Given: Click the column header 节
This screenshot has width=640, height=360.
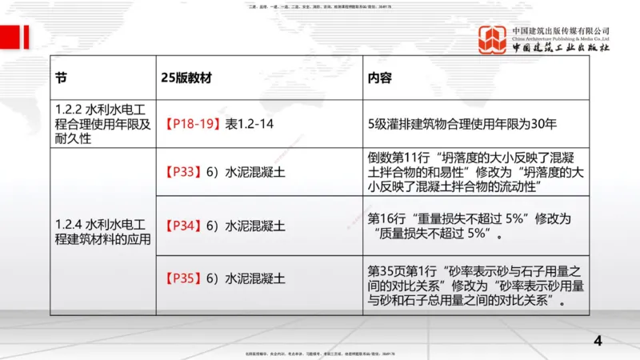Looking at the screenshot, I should pos(61,79).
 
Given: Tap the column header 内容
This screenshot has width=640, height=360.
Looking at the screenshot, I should pos(380,79).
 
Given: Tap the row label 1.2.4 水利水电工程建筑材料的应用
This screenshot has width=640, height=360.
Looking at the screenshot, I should pos(102,226).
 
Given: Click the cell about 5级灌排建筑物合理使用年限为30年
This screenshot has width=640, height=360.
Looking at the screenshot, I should pos(462,124).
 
